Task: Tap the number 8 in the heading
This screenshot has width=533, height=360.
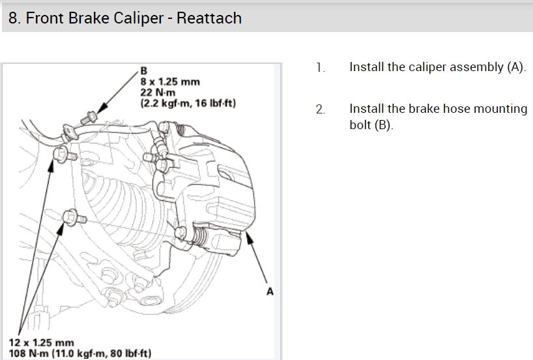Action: coord(13,18)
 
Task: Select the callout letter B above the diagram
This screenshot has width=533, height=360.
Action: coord(144,70)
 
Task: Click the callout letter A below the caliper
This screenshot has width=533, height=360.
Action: coord(270,292)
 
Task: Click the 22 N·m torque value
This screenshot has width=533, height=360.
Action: coord(155,92)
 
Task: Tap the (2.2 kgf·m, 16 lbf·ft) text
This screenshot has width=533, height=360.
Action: coord(188,102)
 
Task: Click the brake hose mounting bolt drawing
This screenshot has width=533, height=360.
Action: coord(91,117)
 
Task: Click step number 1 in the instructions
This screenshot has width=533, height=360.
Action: coord(319,67)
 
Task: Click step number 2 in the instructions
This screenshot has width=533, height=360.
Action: coord(319,109)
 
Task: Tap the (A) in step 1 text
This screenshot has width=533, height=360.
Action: coord(515,67)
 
